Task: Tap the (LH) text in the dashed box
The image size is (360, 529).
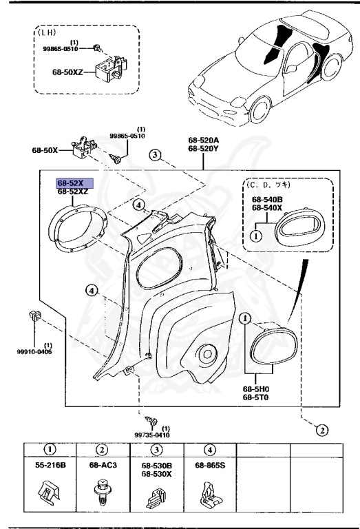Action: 47,32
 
